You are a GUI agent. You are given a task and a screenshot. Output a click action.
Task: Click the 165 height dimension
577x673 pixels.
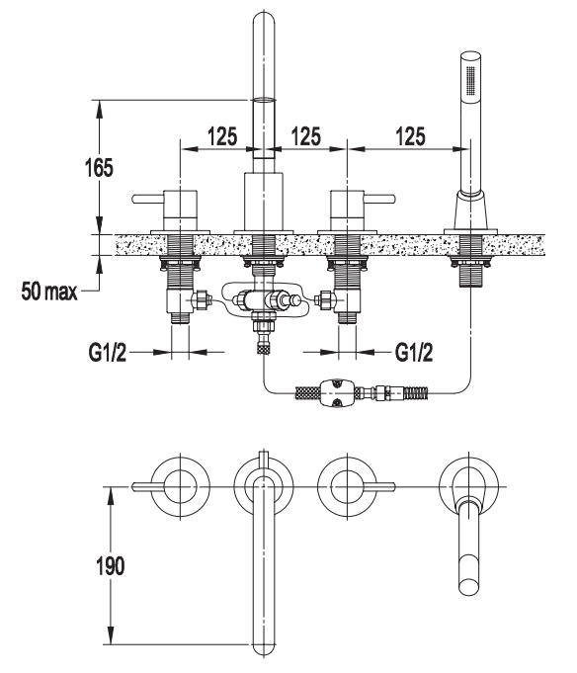[x=99, y=167]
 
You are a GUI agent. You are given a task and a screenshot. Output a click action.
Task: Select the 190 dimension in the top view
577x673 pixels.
[x=111, y=565]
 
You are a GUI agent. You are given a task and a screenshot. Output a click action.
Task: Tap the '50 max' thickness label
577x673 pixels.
[x=49, y=291]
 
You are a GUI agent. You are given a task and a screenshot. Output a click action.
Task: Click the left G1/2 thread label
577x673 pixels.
[x=108, y=353]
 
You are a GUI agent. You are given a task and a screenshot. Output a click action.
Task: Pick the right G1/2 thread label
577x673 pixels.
[x=414, y=353]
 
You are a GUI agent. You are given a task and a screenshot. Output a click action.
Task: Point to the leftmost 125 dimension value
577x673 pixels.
[x=222, y=136]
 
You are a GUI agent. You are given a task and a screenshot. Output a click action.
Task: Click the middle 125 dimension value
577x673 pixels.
[x=306, y=136]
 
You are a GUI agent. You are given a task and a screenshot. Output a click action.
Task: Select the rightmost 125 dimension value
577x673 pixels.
[x=411, y=136]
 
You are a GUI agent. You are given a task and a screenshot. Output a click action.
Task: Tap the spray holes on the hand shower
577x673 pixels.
[x=471, y=79]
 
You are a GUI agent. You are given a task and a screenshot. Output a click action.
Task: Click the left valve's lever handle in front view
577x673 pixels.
[x=148, y=200]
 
